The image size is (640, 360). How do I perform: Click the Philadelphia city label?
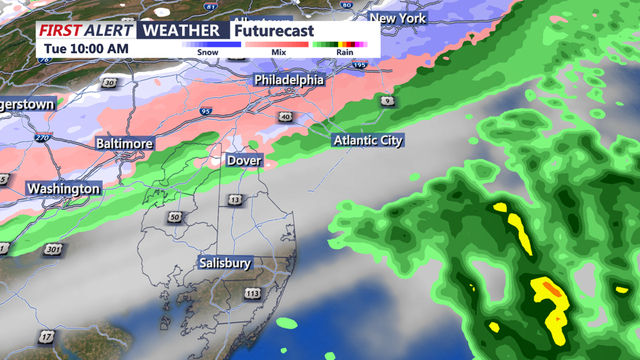tap(289, 79)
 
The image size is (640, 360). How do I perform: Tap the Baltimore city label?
tap(125, 143)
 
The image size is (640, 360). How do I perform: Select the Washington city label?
tap(63, 189)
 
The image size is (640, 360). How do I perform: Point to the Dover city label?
tap(244, 160)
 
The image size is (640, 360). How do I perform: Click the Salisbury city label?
tap(225, 264)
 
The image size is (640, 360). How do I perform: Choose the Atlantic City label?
tap(368, 140)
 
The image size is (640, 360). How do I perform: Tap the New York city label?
tap(398, 18)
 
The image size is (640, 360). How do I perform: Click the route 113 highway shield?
tap(252, 293)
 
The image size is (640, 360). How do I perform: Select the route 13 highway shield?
tap(235, 199)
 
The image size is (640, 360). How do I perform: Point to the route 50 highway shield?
tap(175, 217)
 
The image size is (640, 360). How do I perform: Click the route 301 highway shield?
tap(53, 250)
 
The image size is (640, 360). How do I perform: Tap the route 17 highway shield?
tap(47, 336)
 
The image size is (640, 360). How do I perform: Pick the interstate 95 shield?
tap(206, 112)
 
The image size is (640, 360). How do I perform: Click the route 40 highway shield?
tap(286, 117)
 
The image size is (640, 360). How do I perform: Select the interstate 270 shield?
tap(43, 138)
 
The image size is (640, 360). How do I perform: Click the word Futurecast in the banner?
tap(274, 31)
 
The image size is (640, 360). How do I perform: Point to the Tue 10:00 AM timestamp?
tap(86, 49)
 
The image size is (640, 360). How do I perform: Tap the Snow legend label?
tap(207, 53)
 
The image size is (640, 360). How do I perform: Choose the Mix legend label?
tap(279, 53)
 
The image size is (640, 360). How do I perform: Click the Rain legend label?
tap(345, 53)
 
